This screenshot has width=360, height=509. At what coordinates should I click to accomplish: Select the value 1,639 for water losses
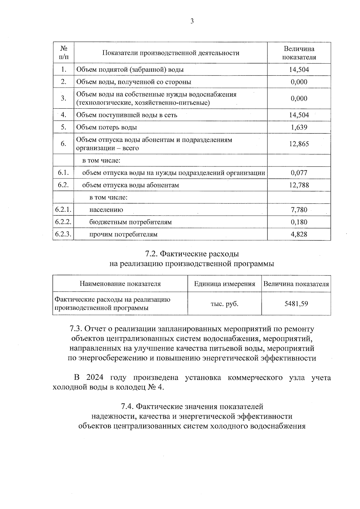pos(299,127)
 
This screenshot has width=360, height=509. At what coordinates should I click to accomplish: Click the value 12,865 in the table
pos(299,144)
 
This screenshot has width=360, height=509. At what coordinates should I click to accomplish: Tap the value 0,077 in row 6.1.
pos(299,173)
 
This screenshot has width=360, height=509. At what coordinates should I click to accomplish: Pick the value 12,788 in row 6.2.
pos(299,185)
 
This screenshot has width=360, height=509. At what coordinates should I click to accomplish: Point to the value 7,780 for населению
pos(299,210)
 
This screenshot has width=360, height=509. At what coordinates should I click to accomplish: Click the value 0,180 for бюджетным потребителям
pos(299,222)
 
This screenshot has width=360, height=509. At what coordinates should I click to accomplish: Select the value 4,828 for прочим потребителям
pos(299,234)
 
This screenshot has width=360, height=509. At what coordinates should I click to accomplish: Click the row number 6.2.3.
pos(63,234)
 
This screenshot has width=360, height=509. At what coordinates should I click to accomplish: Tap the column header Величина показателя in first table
pos(299,53)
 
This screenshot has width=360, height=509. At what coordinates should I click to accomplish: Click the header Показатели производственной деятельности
pos(171,53)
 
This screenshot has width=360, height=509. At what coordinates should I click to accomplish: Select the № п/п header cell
pos(63,53)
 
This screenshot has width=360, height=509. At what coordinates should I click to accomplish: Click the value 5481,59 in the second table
pos(296,304)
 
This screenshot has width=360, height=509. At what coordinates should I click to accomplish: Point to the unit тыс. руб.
pos(224,304)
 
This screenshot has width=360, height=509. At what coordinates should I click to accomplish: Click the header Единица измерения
pos(224,284)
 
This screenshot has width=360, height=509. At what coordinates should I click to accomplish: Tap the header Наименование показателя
pos(120,284)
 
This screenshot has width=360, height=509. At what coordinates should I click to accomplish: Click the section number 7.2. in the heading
pos(151,254)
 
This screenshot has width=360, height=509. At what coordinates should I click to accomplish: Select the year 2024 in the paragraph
pos(93,377)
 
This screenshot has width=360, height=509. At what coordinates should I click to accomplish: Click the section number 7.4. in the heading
pos(127,406)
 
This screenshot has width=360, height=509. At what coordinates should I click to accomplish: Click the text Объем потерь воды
pos(106,127)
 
